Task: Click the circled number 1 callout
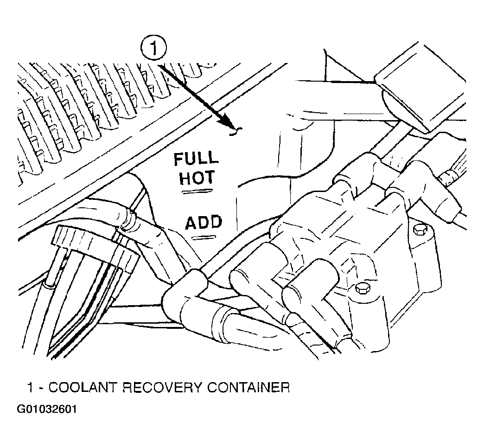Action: click(153, 49)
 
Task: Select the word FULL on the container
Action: click(196, 159)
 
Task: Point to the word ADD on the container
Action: click(204, 222)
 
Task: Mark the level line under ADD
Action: click(204, 237)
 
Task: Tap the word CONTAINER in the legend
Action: click(248, 387)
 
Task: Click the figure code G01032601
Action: click(47, 409)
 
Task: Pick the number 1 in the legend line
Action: click(30, 387)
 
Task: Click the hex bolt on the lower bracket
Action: click(362, 288)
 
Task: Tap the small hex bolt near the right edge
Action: click(420, 230)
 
